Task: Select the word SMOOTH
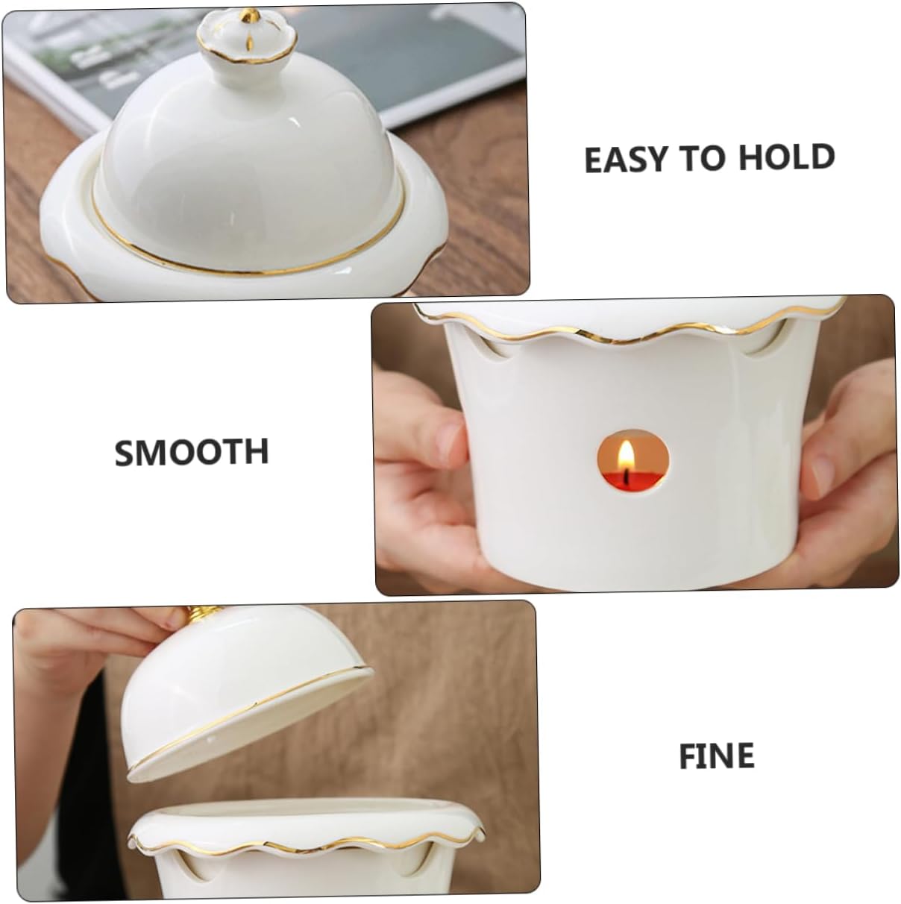click(x=191, y=452)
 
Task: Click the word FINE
click(x=716, y=756)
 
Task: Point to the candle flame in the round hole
click(x=627, y=453)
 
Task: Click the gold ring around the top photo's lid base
click(x=246, y=257)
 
